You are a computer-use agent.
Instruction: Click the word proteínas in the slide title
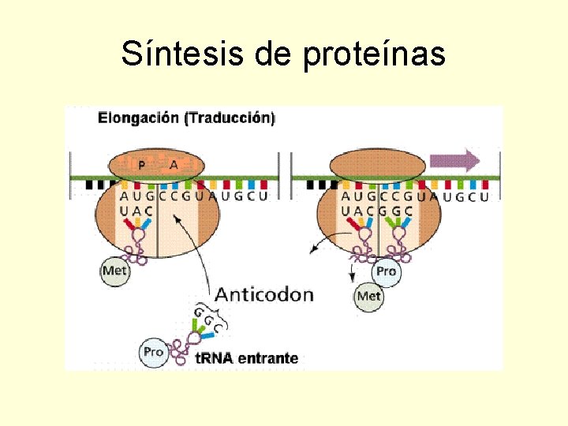click(374, 55)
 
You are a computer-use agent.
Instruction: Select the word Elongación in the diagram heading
click(138, 119)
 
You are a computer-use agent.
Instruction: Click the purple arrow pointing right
click(454, 161)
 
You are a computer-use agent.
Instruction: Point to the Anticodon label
click(264, 295)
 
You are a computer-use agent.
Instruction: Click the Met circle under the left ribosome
click(115, 271)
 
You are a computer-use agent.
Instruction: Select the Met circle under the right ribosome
click(369, 296)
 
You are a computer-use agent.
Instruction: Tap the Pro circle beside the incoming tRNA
click(153, 351)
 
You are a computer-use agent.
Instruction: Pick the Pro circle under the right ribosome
click(386, 271)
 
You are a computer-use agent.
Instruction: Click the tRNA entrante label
click(246, 358)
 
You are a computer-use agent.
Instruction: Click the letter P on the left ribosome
click(141, 165)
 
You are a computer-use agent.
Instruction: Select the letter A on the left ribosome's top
click(174, 165)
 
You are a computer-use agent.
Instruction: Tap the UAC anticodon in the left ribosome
click(136, 211)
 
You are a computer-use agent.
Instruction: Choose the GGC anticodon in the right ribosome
click(394, 211)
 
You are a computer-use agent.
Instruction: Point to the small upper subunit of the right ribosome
click(377, 165)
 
